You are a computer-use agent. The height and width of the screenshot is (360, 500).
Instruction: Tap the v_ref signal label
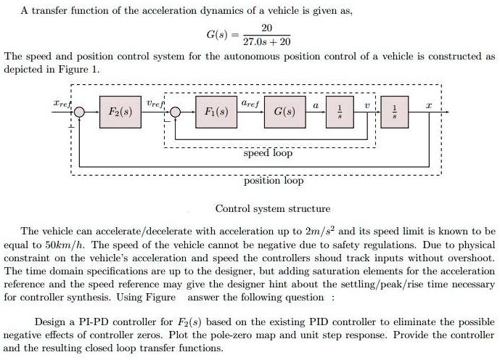coord(155,105)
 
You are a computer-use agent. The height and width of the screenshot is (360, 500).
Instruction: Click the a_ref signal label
coord(250,105)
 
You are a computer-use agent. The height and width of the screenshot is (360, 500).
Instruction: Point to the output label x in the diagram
coord(428,105)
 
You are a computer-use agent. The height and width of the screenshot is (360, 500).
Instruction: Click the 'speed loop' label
coord(268,153)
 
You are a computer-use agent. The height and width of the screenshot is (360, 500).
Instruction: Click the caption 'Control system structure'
coord(272,208)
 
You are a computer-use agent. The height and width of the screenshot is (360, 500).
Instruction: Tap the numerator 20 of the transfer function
coord(266,28)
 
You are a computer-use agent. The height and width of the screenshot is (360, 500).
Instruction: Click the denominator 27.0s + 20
coord(266,42)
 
